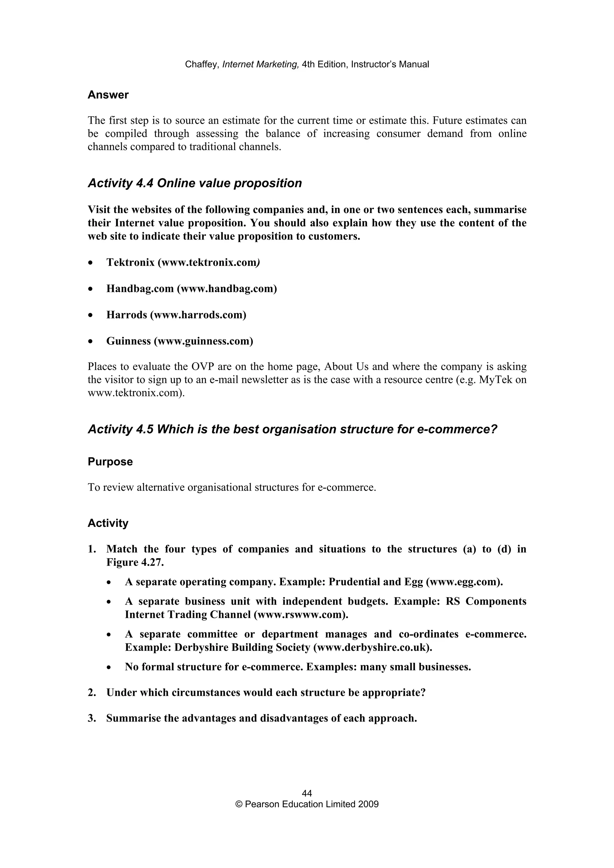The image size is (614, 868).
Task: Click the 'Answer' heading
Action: coord(108,95)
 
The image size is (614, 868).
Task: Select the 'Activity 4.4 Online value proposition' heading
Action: coord(195,183)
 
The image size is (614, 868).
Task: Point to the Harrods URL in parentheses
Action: coord(198,315)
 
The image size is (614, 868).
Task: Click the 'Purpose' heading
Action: coord(110,462)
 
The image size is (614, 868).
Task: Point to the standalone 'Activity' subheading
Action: coord(108,523)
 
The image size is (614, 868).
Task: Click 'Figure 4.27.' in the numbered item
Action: coord(135,562)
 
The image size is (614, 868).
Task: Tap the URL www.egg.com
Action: coord(463,582)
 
